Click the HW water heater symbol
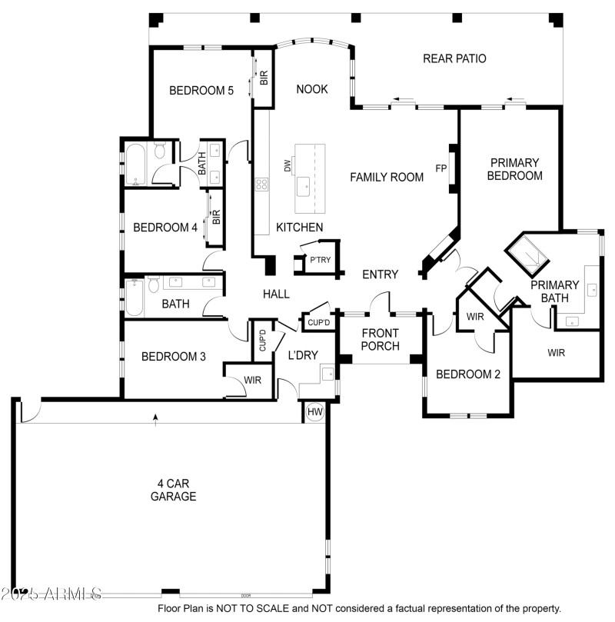tap(314, 412)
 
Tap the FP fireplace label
tap(441, 168)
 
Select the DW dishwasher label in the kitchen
tap(287, 166)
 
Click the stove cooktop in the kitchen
tap(262, 184)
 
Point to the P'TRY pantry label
tap(320, 260)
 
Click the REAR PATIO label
tap(454, 58)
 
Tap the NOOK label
tap(312, 89)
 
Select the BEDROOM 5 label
tap(201, 91)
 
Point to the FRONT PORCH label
tap(381, 339)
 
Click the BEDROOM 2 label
tap(468, 374)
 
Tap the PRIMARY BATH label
tap(554, 291)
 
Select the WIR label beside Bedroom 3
tap(253, 380)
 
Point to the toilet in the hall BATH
tap(153, 287)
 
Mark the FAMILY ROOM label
tap(387, 177)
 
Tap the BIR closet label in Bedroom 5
tap(264, 77)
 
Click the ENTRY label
tap(381, 274)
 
